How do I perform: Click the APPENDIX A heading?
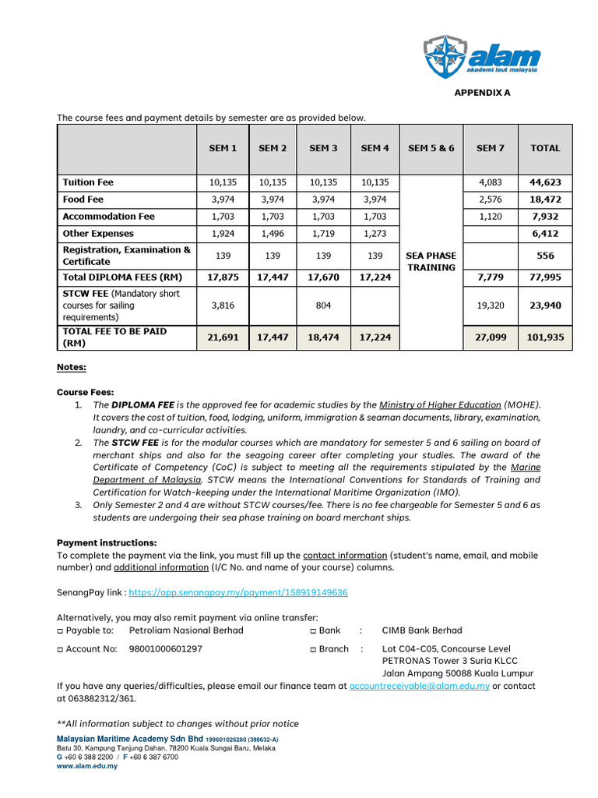pos(483,93)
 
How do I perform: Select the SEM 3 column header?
pos(323,148)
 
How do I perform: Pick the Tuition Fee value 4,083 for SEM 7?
pos(491,182)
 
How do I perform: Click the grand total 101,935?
pos(545,337)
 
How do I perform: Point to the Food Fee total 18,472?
pos(545,199)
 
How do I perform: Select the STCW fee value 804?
pos(323,306)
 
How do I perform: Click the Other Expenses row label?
pos(98,234)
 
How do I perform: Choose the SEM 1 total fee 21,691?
pos(223,337)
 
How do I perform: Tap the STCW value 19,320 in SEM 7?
pos(491,306)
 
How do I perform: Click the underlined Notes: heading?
pos(72,367)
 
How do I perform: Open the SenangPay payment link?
pos(238,593)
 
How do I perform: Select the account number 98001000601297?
pos(165,649)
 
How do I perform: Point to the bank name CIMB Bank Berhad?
pos(421,630)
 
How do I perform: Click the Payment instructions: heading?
pos(107,542)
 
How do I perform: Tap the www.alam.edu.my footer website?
pos(87,766)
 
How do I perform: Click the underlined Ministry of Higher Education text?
pos(440,405)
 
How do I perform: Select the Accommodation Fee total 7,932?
pos(545,217)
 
